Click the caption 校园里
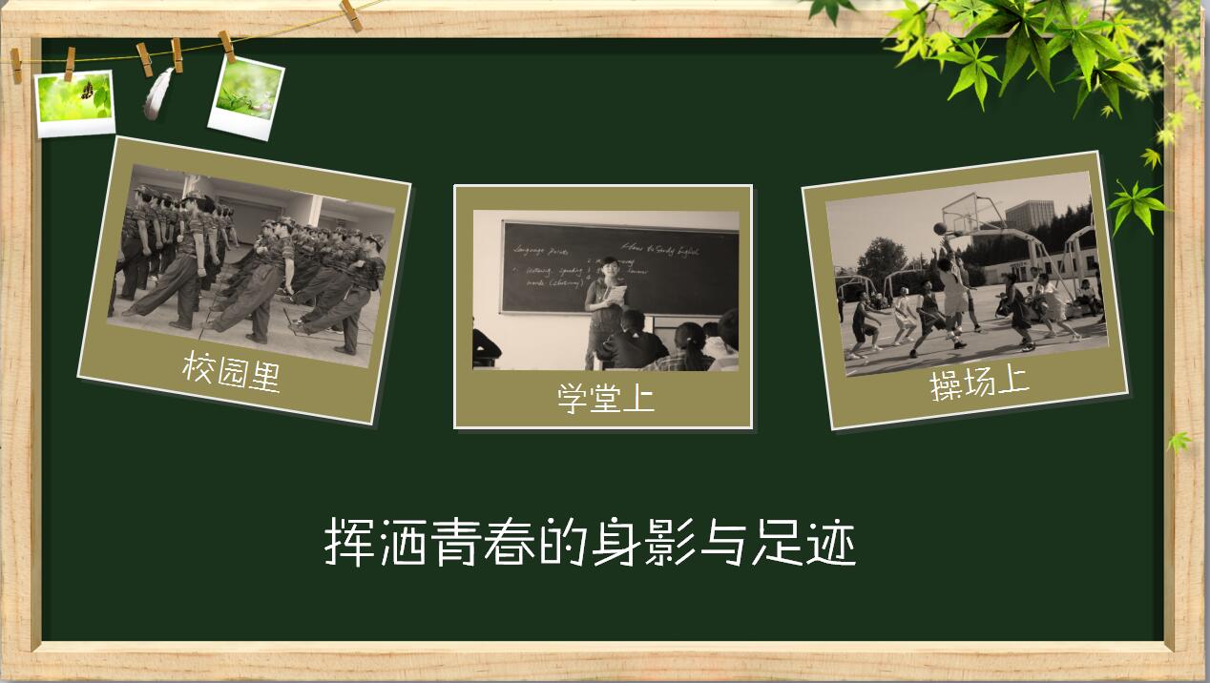click(232, 371)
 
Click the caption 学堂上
click(606, 397)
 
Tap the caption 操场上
click(979, 383)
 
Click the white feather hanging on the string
click(157, 93)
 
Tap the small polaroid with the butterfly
click(74, 102)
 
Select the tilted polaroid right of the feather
click(246, 96)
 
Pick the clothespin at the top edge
click(350, 13)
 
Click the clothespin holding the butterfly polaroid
click(70, 62)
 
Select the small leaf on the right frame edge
click(1179, 442)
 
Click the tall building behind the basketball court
click(1031, 217)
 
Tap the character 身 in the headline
click(614, 543)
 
